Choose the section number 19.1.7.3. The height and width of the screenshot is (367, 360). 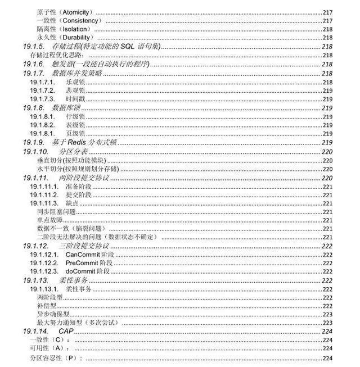click(x=42, y=99)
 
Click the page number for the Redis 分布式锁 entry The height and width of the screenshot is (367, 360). click(x=327, y=143)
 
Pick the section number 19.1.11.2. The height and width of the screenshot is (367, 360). click(x=44, y=194)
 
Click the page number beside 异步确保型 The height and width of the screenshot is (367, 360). click(x=327, y=315)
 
